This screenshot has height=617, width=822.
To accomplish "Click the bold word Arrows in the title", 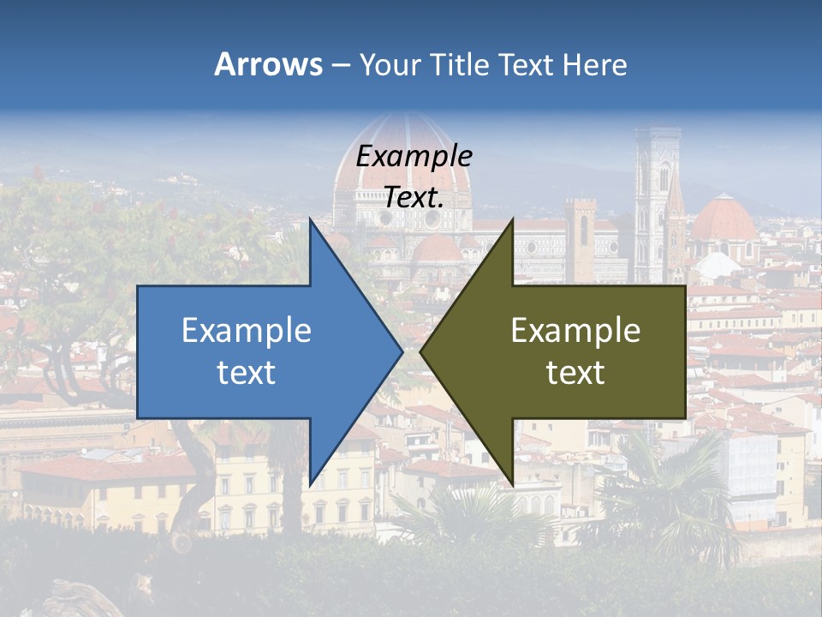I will pos(268,64).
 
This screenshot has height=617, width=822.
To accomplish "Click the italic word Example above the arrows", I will pos(414,156).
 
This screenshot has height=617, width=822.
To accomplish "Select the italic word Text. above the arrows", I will pos(414,197).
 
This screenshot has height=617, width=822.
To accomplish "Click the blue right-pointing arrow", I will pos(257,351).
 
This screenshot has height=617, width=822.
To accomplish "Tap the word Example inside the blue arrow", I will pos(247,331).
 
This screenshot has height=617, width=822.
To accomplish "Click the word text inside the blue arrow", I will pos(247,373).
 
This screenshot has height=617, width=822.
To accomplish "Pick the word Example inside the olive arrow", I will pos(575,331).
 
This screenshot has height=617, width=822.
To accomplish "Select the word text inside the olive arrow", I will pos(575,373).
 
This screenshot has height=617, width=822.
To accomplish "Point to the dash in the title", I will pos(340,66).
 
